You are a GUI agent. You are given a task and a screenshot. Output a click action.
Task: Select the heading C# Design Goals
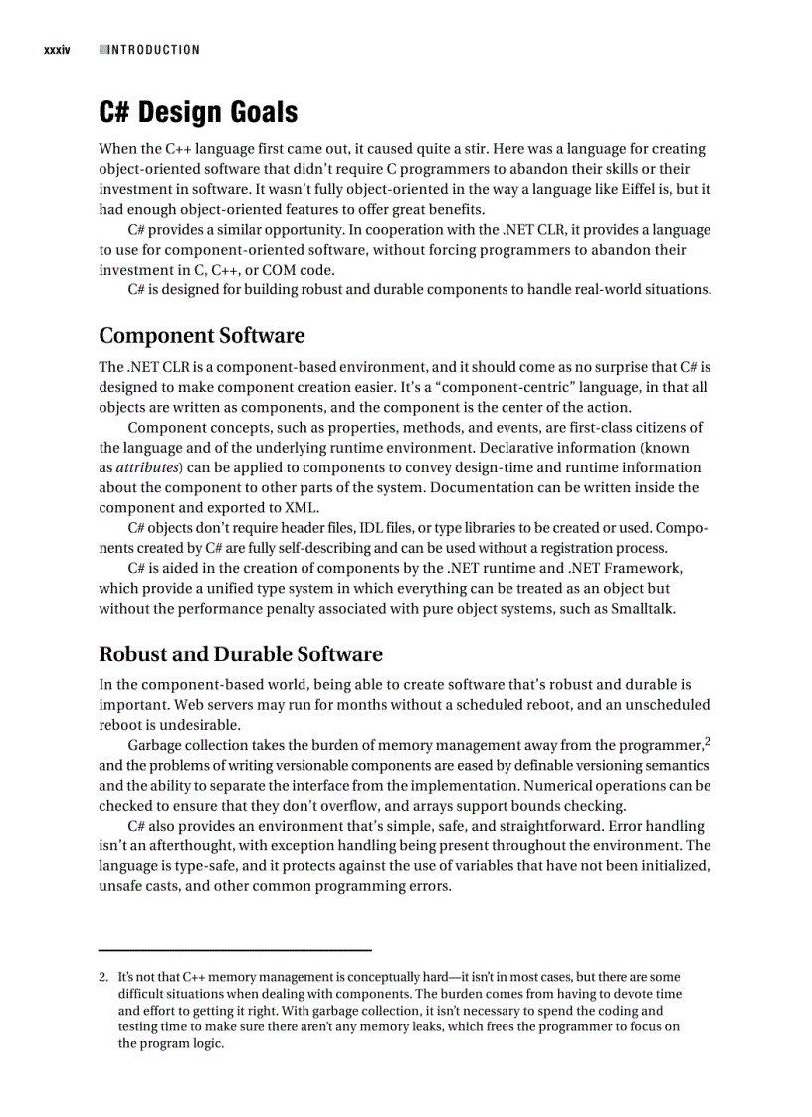[x=198, y=112]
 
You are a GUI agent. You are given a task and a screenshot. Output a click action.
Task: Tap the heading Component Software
[x=201, y=335]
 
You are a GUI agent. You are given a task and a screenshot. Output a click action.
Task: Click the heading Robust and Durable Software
[x=241, y=653]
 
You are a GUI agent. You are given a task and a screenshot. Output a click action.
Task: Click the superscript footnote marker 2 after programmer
[x=707, y=740]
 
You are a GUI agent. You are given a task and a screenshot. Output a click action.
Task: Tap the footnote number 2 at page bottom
[x=102, y=978]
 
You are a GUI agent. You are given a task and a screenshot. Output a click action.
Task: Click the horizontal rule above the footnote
[x=235, y=950]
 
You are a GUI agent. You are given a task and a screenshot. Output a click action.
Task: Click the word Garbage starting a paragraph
[x=155, y=745]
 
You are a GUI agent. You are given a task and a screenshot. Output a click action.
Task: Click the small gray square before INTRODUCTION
[x=103, y=50]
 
